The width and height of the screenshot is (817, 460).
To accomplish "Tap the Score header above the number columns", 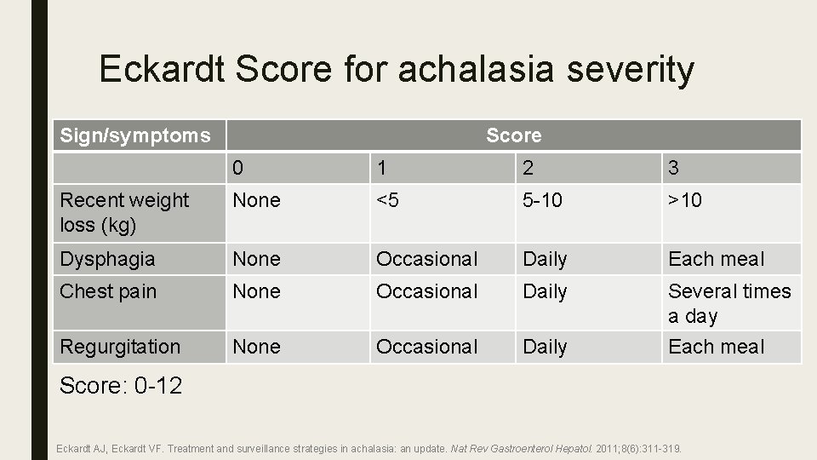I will tap(513, 135).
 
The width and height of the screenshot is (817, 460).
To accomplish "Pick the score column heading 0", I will tap(238, 168).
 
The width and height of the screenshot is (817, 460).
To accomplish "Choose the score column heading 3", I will tap(674, 168).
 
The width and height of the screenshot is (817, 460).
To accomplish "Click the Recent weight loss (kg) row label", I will tap(124, 212).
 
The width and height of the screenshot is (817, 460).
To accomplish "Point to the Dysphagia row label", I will tap(107, 259).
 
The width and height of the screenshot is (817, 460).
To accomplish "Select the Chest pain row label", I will tap(108, 291).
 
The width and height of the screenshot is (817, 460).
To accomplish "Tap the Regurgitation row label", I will tap(120, 347).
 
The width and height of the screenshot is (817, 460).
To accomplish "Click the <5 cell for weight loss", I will tap(388, 201).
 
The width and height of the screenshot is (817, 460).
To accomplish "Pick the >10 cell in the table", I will tap(685, 201).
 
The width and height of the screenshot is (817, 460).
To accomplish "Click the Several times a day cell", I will tap(729, 303).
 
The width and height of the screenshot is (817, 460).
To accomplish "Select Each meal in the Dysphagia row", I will tap(716, 259).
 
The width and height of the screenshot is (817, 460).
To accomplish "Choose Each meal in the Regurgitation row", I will tap(716, 347).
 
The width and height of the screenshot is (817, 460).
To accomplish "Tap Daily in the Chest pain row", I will tap(545, 291).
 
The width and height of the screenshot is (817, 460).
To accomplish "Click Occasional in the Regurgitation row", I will tap(427, 347).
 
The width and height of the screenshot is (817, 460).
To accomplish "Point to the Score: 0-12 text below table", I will tap(121, 386).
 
